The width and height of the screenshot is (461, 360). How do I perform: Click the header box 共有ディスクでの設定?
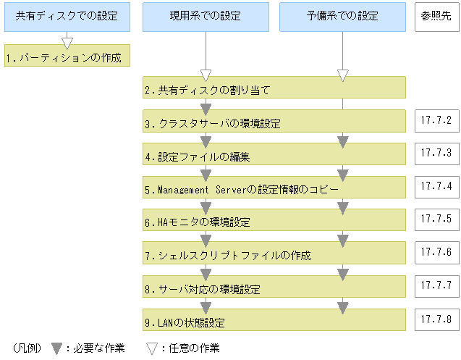coord(67,17)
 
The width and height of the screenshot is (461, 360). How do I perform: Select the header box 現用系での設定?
coord(206,17)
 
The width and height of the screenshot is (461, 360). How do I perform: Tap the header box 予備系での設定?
coord(342,17)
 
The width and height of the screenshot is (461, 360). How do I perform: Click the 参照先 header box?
coord(436,16)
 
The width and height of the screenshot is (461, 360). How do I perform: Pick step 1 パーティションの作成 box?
coord(67,56)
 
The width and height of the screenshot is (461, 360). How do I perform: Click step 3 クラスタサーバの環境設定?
coord(274,121)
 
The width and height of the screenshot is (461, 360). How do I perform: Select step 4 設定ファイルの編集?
coord(274,154)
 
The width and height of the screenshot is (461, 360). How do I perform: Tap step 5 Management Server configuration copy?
coord(274,188)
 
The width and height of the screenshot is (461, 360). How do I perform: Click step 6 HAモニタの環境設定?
coord(274,220)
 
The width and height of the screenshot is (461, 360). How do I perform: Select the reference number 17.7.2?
coord(436,120)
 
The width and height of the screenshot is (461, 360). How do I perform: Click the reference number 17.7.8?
coord(436,318)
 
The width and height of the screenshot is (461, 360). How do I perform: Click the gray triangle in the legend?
coord(57,348)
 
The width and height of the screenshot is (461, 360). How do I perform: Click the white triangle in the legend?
coord(152,348)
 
